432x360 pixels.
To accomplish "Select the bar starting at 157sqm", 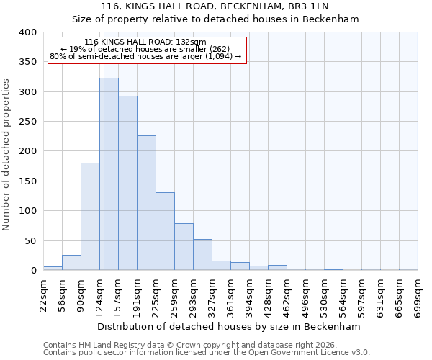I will point(127,184).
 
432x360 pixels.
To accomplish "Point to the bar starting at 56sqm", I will point(71,263).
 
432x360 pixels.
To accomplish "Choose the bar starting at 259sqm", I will point(184,247).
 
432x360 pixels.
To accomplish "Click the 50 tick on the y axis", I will point(31,240).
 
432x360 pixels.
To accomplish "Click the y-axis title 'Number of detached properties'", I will point(6,151).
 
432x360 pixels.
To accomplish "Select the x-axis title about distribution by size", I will point(228,326).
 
